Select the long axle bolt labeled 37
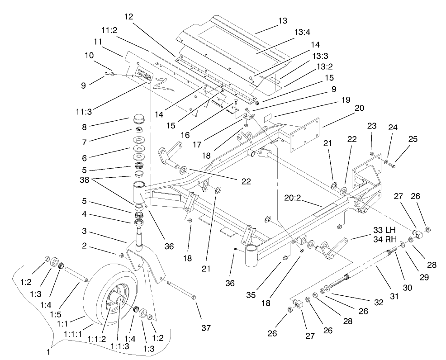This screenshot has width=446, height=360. tap(181, 290)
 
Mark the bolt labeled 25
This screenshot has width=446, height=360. tap(392, 166)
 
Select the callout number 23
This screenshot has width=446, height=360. tap(372, 127)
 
